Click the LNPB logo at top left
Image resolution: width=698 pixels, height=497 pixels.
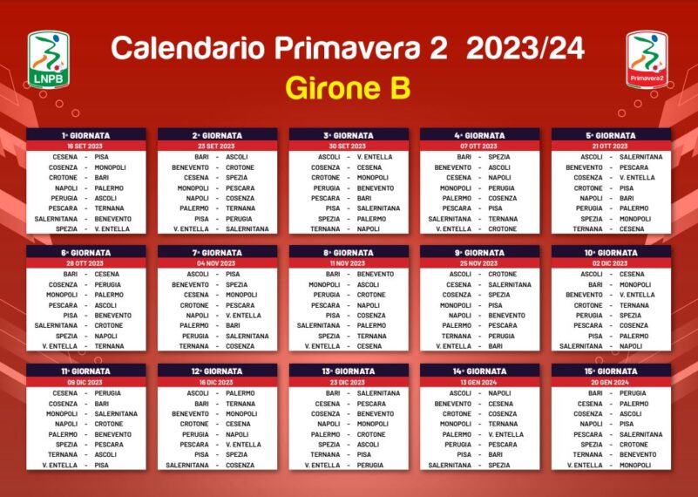pos(49,59)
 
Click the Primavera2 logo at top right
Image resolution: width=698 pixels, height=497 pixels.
pos(647,59)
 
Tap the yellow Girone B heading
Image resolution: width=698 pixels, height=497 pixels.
pos(348,88)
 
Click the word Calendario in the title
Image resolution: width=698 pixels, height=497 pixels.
pos(188,48)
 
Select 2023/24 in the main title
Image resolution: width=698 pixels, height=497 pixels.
pos(525,48)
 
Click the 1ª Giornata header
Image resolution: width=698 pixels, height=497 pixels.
pos(86,135)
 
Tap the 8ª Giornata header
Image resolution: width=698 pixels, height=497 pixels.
pos(349,253)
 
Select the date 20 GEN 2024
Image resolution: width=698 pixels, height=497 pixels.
pos(610,382)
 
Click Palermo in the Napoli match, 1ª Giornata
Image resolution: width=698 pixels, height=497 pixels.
pos(109,188)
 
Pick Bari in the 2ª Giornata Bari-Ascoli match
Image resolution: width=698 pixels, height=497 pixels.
pos(201,157)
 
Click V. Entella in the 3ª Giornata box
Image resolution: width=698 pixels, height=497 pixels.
pos(375,157)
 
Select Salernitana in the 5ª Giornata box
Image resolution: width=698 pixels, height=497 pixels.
pos(641,157)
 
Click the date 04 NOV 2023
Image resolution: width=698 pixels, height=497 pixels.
pos(216,263)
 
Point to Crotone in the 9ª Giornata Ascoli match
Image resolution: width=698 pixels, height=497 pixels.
pos(503,274)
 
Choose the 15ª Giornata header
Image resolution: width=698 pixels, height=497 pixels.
pos(611,371)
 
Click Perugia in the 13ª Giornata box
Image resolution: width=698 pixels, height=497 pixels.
pos(370,465)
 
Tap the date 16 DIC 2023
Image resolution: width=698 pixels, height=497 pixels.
pos(216,382)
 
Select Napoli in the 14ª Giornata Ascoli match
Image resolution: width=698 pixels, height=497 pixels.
pos(499,393)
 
